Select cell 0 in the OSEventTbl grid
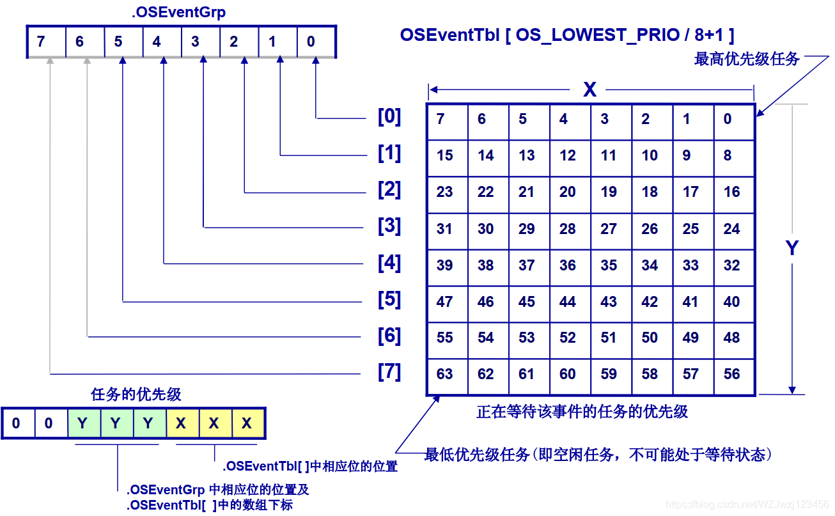click(x=733, y=120)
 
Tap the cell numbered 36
click(x=569, y=265)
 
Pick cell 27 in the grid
click(x=610, y=229)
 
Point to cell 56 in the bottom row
click(x=733, y=375)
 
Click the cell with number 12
click(x=569, y=156)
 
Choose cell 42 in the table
click(x=651, y=302)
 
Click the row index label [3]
click(x=389, y=226)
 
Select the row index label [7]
click(x=389, y=372)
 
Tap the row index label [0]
click(x=389, y=117)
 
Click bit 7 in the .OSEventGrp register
click(x=42, y=42)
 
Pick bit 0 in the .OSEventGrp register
click(x=311, y=42)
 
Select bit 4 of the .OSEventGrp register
click(x=157, y=42)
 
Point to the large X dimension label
click(x=589, y=90)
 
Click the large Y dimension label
click(x=792, y=248)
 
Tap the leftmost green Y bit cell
click(x=83, y=423)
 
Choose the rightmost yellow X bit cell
click(x=247, y=423)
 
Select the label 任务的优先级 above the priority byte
click(x=137, y=394)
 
